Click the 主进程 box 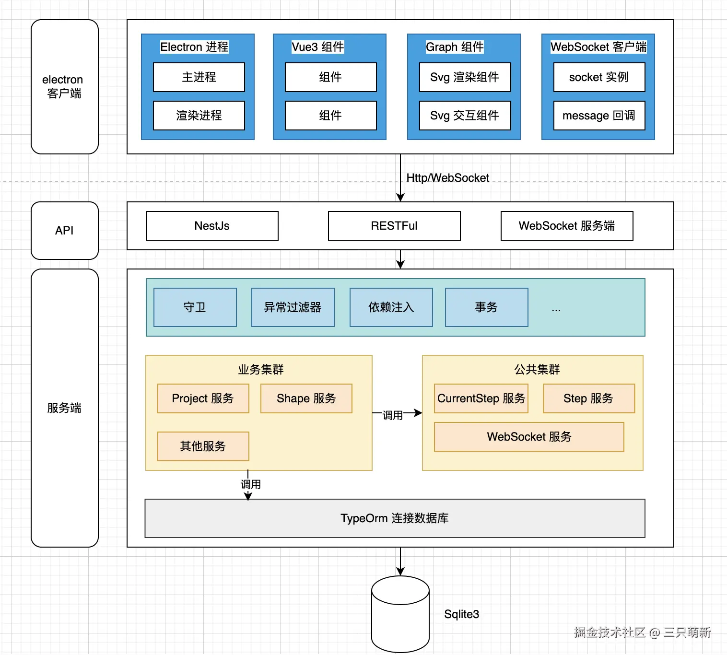pos(199,77)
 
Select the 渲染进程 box pos(199,116)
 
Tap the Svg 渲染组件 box pos(465,77)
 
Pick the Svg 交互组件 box pos(465,116)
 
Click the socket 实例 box pos(599,77)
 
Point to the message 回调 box pos(599,116)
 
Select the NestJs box pos(212,226)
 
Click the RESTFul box pos(394,226)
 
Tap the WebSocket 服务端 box pos(567,226)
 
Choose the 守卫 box pos(195,307)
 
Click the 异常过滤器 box pos(293,307)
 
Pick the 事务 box pos(487,307)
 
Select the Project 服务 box pos(203,398)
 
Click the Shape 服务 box pos(306,398)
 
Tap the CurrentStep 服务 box pos(481,398)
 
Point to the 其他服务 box pos(203,446)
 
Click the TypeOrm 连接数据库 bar pos(395,518)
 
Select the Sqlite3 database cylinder pos(400,614)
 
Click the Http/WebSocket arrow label pos(448,178)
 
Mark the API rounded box pos(65,231)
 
